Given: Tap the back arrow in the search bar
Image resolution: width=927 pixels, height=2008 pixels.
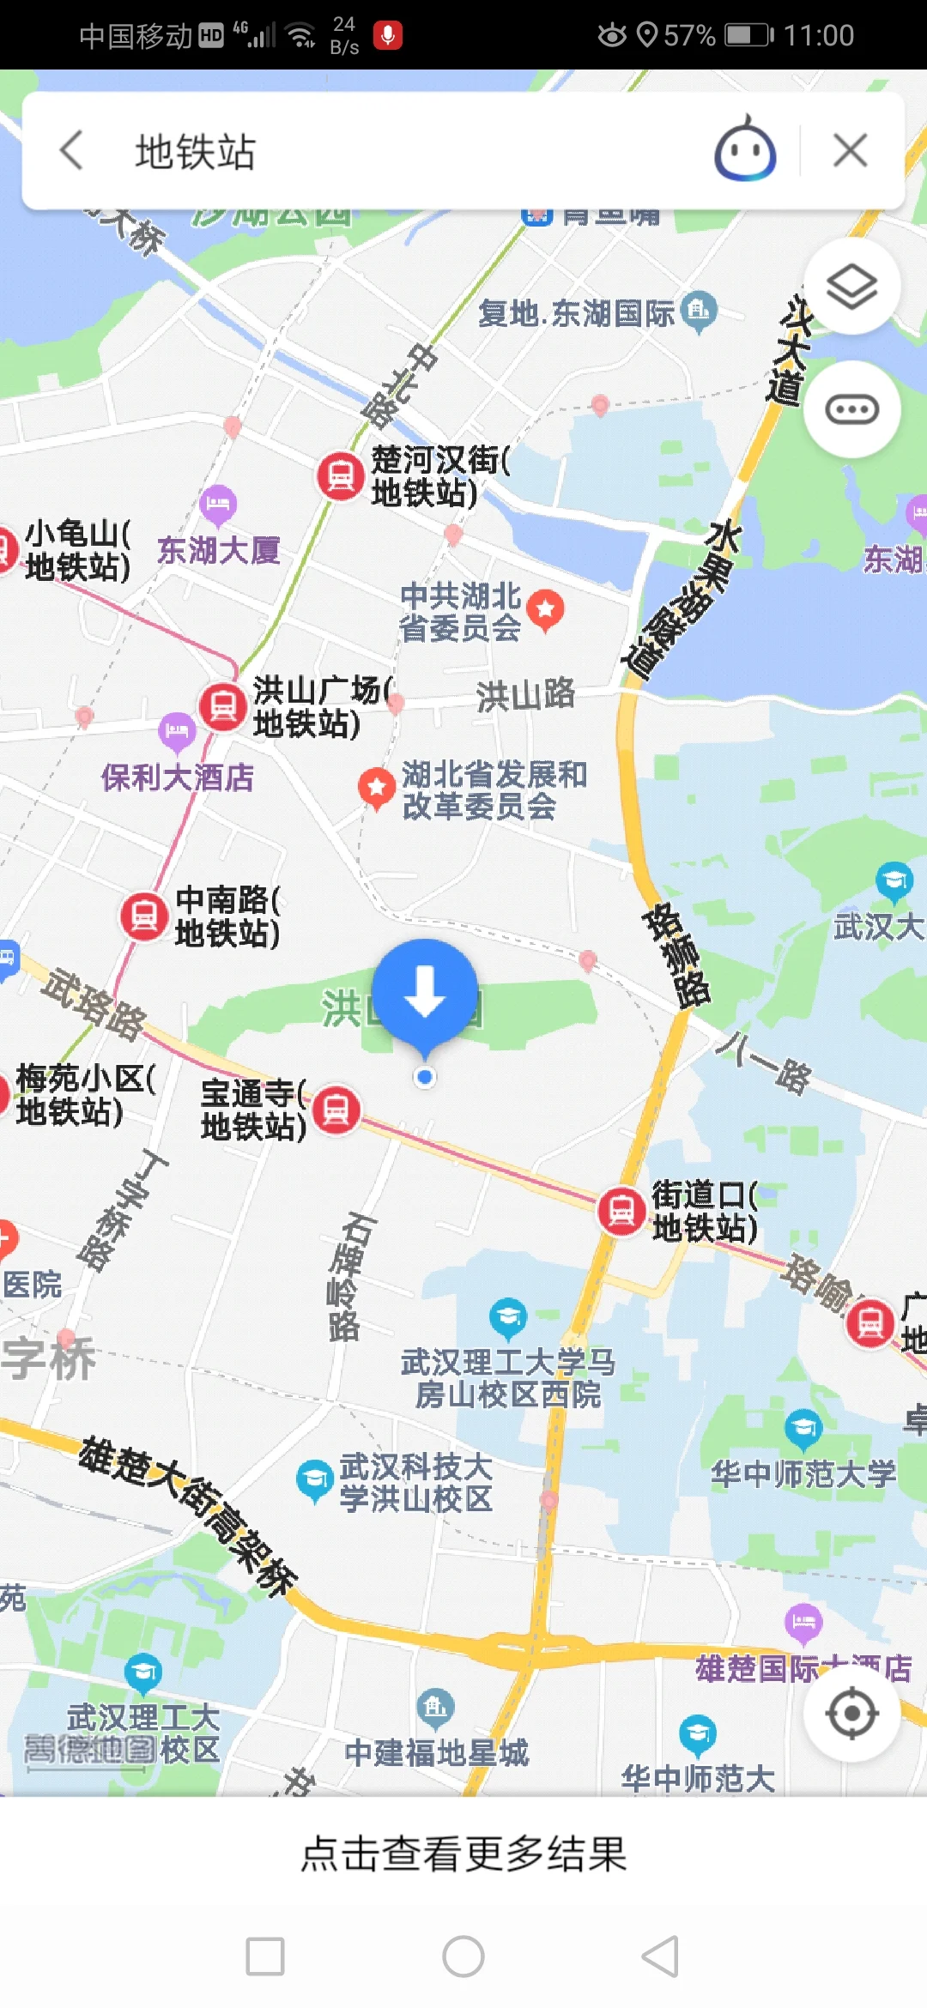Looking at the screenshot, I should click(73, 151).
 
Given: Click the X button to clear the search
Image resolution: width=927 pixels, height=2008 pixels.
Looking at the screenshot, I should click(850, 151).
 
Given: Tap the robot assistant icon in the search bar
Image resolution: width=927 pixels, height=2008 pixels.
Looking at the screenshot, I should click(745, 150).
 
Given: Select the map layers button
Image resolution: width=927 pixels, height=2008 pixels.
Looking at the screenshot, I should click(851, 287).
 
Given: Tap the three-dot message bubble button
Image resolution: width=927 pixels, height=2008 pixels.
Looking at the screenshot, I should click(851, 409).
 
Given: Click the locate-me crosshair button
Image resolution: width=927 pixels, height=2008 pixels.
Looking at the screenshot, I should click(851, 1713).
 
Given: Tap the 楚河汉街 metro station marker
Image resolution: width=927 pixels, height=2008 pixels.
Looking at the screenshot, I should click(341, 475).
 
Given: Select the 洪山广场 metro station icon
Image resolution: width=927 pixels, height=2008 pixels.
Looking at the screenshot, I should click(223, 706).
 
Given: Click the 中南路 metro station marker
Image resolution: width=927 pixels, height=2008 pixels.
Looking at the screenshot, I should click(144, 916).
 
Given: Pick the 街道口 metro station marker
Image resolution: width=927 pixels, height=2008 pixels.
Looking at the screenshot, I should click(621, 1211).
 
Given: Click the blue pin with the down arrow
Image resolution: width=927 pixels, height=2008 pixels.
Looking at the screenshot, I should click(425, 993).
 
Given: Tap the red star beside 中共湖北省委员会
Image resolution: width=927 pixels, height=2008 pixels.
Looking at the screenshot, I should click(546, 609).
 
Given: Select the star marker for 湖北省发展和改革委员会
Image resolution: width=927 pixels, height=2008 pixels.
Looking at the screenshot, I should click(376, 787).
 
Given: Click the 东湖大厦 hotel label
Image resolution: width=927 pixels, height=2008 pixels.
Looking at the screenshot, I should click(219, 550).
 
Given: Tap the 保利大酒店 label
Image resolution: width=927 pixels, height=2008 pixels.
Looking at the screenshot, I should click(178, 777).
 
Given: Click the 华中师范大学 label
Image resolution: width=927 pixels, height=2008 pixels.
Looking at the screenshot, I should click(803, 1474).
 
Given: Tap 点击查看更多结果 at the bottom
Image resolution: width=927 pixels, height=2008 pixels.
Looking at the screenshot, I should click(463, 1854).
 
